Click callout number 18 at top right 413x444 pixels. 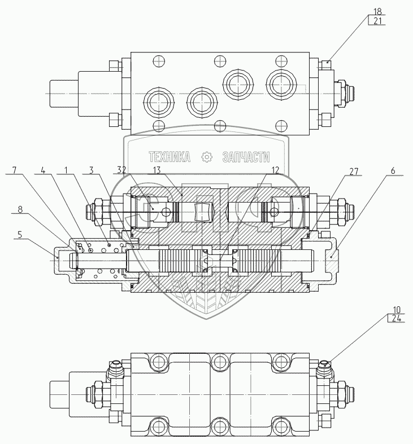tap(378, 11)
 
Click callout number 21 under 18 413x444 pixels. tap(378, 21)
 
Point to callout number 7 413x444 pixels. tap(14, 169)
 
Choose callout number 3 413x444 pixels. tap(90, 169)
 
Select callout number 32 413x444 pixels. tap(121, 169)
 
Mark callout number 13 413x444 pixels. tap(156, 169)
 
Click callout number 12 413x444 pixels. tap(275, 169)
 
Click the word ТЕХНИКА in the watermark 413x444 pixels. tap(169, 156)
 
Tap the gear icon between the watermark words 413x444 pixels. tap(207, 156)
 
